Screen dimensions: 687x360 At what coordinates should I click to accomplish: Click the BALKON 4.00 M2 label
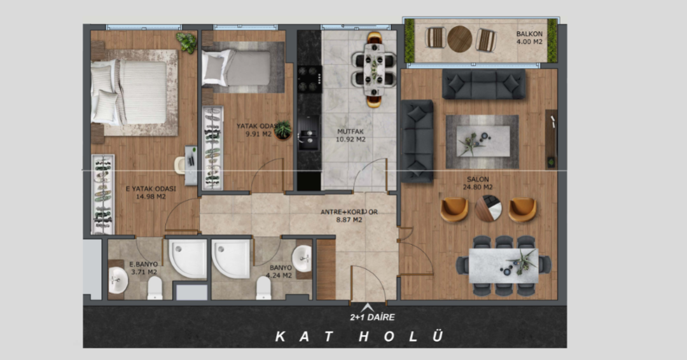[529, 38]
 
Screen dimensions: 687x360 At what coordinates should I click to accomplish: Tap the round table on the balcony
[460, 39]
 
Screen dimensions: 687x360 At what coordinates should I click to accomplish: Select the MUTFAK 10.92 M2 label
[350, 135]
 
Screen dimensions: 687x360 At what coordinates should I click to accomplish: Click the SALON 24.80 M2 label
[478, 183]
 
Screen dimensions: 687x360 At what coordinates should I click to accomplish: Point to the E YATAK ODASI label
[151, 189]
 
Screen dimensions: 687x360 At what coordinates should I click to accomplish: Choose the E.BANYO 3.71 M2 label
[144, 268]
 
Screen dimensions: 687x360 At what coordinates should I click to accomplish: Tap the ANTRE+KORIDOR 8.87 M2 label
[349, 216]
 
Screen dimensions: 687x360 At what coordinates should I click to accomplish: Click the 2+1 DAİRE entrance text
[372, 317]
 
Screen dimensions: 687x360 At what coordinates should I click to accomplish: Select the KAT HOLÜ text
[359, 336]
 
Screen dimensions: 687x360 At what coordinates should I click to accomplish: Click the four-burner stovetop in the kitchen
[310, 79]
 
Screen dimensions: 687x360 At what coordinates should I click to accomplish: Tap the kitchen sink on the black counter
[309, 139]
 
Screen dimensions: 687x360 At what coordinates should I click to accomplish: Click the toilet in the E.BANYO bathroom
[155, 288]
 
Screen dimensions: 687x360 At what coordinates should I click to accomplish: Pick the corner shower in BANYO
[231, 258]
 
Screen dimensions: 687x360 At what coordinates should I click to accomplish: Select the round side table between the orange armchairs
[489, 208]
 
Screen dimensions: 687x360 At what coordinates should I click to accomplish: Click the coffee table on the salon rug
[483, 141]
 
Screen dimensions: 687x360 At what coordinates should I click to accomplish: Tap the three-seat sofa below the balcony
[483, 84]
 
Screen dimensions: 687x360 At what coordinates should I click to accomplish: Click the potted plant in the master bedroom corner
[187, 42]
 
